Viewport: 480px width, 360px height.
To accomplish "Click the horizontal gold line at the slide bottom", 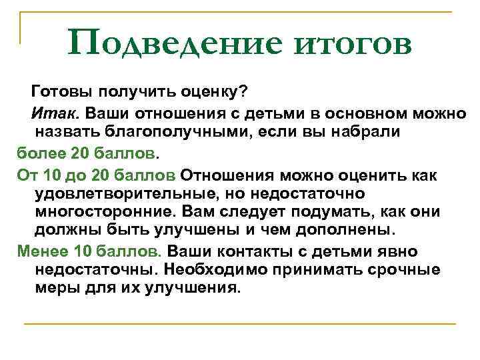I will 240,324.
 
